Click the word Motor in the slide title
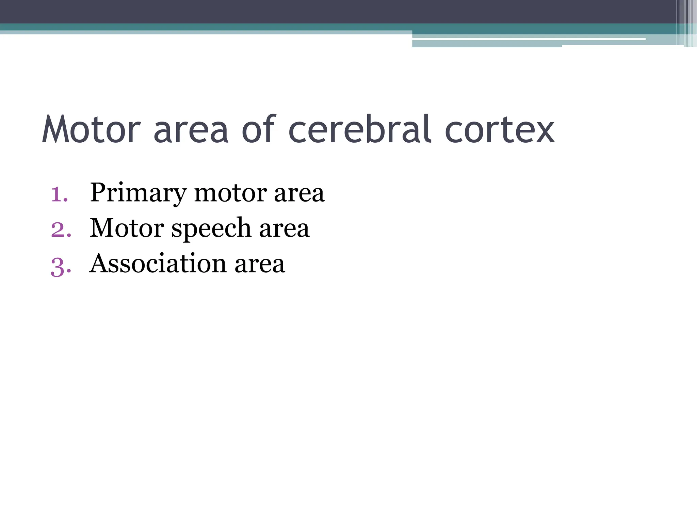pyautogui.click(x=91, y=129)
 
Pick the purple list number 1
pyautogui.click(x=59, y=194)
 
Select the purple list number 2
pyautogui.click(x=61, y=230)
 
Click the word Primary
pyautogui.click(x=138, y=193)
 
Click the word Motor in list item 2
pyautogui.click(x=127, y=228)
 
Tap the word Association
pyautogui.click(x=158, y=264)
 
